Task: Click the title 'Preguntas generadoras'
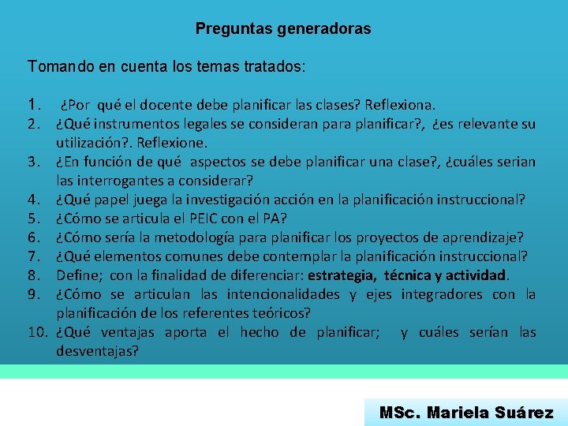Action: pos(283,29)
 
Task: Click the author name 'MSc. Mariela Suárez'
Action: pos(466,412)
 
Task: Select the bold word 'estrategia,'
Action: pos(342,275)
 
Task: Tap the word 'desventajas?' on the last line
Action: pos(97,351)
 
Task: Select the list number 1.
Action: pos(32,104)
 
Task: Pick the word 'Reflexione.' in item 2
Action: pos(171,143)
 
